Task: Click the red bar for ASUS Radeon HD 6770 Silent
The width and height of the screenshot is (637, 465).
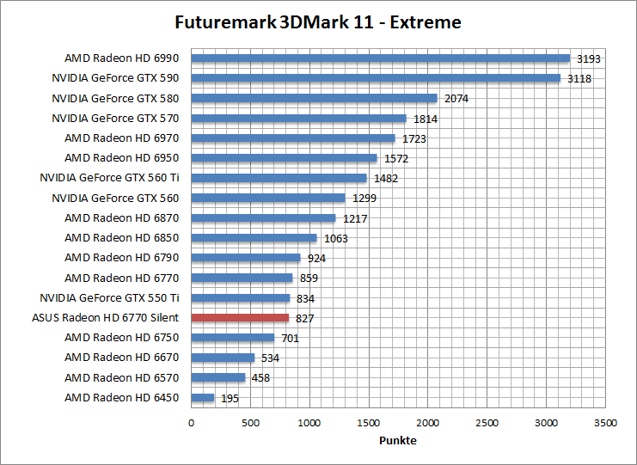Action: pyautogui.click(x=240, y=318)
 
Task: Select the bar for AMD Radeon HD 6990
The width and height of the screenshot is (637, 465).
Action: pyautogui.click(x=380, y=58)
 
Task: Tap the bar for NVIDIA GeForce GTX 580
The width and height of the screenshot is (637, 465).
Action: pyautogui.click(x=314, y=98)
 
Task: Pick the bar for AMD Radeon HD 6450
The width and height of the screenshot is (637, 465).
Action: pyautogui.click(x=203, y=397)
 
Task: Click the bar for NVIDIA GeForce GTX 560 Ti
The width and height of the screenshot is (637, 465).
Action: pyautogui.click(x=279, y=178)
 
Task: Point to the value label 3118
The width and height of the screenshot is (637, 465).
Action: pyautogui.click(x=579, y=79)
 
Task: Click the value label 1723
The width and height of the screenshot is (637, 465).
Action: pyautogui.click(x=413, y=138)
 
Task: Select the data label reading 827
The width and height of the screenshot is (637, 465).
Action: pyautogui.click(x=304, y=318)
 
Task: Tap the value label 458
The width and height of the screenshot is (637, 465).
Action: pyautogui.click(x=260, y=377)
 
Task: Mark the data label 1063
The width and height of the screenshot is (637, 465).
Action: pyautogui.click(x=335, y=238)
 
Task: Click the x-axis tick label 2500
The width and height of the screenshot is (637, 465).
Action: pyautogui.click(x=487, y=423)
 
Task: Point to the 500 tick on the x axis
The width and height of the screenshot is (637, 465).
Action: pyautogui.click(x=250, y=423)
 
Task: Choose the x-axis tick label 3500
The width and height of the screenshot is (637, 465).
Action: pyautogui.click(x=605, y=423)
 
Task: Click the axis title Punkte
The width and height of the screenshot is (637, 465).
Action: pyautogui.click(x=398, y=440)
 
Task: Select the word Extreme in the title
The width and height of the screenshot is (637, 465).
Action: pyautogui.click(x=426, y=22)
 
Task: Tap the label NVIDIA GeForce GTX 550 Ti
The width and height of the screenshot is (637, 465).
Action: pyautogui.click(x=109, y=297)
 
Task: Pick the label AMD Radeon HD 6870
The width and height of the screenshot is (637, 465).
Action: pyautogui.click(x=121, y=218)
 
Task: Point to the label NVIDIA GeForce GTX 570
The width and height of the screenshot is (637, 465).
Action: pyautogui.click(x=115, y=119)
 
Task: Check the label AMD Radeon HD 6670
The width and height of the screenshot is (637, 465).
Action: pyautogui.click(x=121, y=357)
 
